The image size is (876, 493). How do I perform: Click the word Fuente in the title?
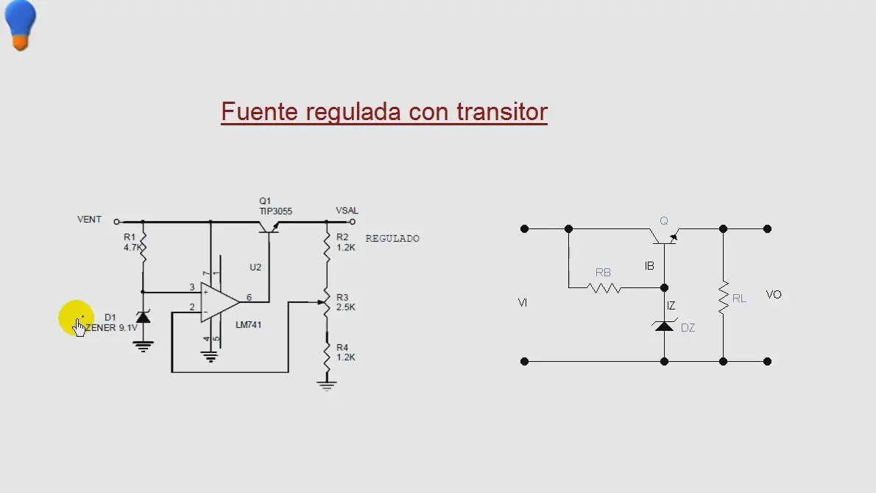[x=259, y=112]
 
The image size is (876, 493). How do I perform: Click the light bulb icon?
[x=20, y=25]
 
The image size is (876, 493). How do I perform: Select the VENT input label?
[x=89, y=220]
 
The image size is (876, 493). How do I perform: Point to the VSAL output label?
[x=347, y=211]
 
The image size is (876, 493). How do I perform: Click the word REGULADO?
[x=392, y=239]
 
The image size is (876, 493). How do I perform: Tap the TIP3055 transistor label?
[x=275, y=211]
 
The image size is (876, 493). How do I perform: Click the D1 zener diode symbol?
[x=144, y=318]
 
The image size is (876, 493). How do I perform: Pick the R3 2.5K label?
[x=346, y=302]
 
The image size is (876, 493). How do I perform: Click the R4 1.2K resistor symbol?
[x=327, y=355]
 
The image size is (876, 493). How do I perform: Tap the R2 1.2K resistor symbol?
[x=327, y=246]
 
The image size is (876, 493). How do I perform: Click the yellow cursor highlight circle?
[x=76, y=318]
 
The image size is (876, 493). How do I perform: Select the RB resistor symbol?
[x=604, y=288]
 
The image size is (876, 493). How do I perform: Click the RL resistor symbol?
[x=723, y=298]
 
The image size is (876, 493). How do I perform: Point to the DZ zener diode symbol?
[x=664, y=325]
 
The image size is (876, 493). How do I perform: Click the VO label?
[x=774, y=295]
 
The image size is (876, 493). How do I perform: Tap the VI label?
[x=523, y=302]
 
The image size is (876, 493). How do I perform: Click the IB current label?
[x=649, y=266]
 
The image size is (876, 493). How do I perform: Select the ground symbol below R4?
[x=327, y=385]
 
